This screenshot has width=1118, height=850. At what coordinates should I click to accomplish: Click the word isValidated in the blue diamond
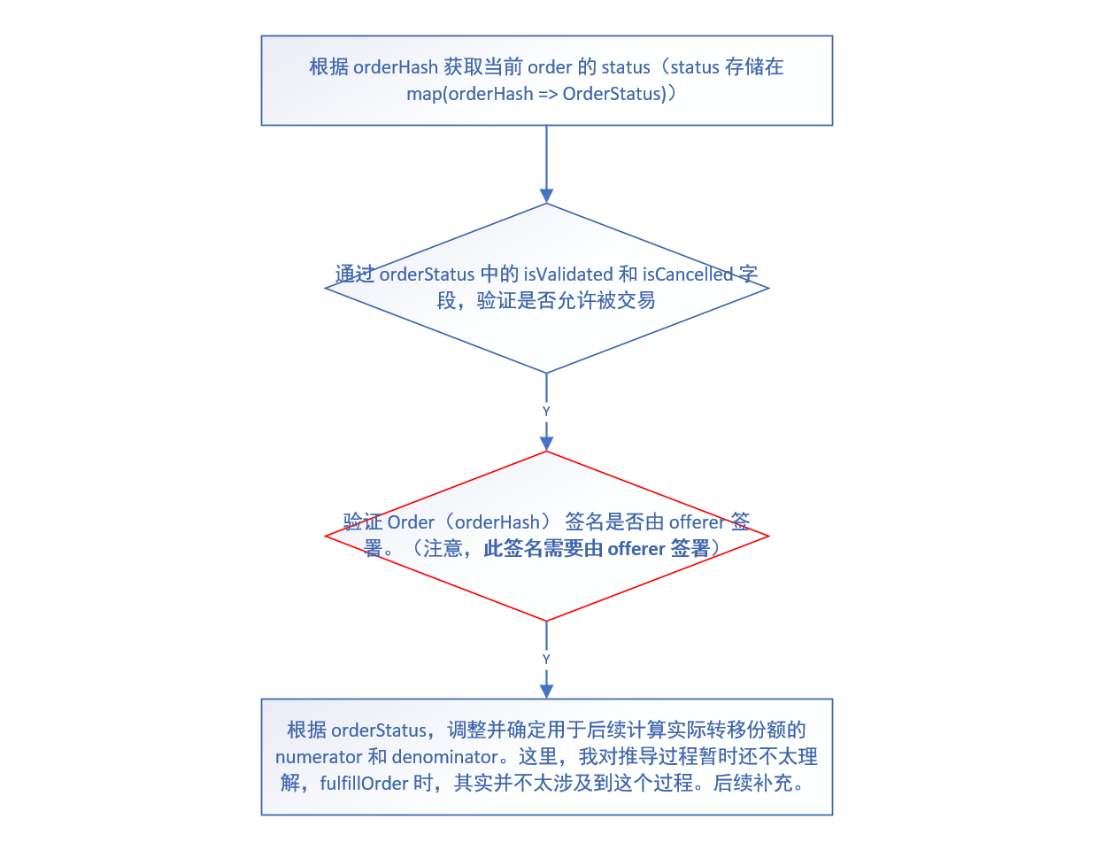click(567, 274)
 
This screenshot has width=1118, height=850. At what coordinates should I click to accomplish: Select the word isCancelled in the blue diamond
click(688, 274)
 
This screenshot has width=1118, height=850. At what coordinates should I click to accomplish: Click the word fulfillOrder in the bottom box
click(364, 784)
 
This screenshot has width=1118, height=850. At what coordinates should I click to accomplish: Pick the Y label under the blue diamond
click(546, 412)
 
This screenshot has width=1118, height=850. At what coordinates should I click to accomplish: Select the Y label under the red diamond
click(546, 660)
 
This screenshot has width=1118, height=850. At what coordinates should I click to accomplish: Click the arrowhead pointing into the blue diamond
click(546, 196)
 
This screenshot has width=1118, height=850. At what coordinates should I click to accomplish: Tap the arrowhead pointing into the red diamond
click(546, 444)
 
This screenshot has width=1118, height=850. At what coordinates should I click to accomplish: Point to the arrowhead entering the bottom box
click(546, 692)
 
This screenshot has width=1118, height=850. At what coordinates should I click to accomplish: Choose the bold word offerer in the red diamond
click(636, 549)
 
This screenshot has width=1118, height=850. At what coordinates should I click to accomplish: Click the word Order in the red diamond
click(411, 522)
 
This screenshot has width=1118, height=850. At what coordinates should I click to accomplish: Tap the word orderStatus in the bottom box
click(379, 730)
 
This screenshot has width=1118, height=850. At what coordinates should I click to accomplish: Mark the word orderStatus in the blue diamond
click(427, 274)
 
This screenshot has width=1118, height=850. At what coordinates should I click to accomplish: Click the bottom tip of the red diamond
click(546, 621)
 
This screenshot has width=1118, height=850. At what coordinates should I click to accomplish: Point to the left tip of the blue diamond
click(327, 288)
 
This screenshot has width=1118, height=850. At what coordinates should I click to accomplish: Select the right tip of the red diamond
click(767, 536)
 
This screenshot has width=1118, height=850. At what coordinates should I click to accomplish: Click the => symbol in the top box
click(548, 94)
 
